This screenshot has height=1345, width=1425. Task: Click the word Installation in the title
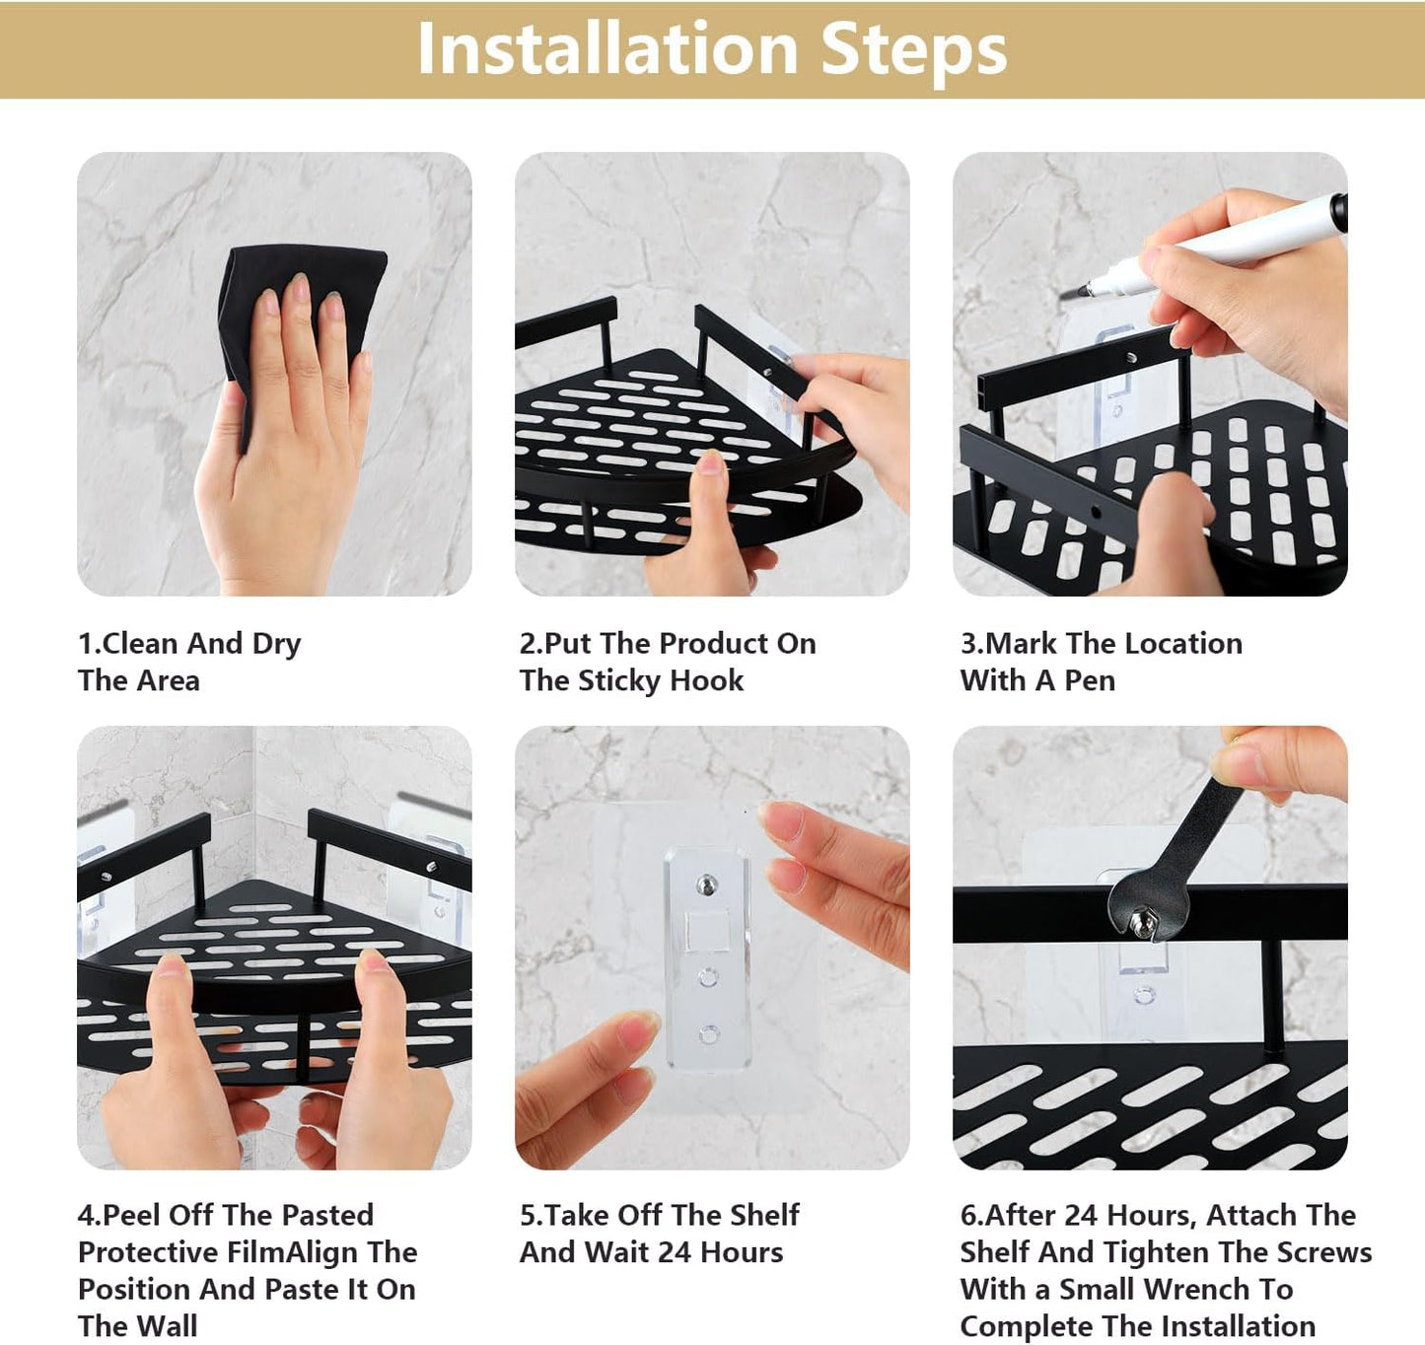click(x=607, y=48)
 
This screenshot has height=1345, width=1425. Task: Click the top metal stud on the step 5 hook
click(x=707, y=882)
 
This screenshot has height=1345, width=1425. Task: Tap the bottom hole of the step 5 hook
click(x=708, y=1034)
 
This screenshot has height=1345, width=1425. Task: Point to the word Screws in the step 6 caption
click(x=1323, y=1251)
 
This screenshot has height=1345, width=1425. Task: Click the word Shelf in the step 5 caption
click(x=763, y=1215)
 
